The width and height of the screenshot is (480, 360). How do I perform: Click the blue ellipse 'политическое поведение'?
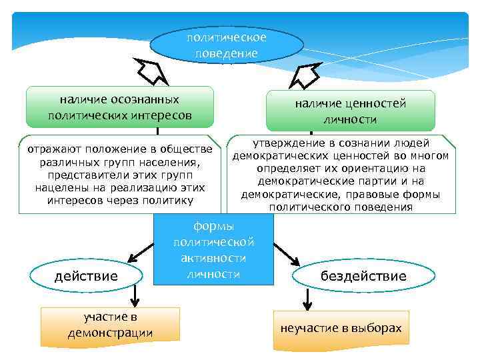coord(227,45)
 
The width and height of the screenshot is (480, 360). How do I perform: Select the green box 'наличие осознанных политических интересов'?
coord(119,107)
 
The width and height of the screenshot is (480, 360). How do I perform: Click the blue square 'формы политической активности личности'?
coord(213,249)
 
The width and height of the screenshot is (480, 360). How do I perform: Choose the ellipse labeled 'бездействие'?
coord(363,275)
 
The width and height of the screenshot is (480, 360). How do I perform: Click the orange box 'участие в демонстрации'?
coord(110,324)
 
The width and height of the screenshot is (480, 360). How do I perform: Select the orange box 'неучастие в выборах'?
coord(341,329)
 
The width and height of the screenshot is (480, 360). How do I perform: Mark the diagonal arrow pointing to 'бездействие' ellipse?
coord(287,252)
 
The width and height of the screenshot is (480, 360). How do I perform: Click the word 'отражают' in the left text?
coord(50,147)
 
